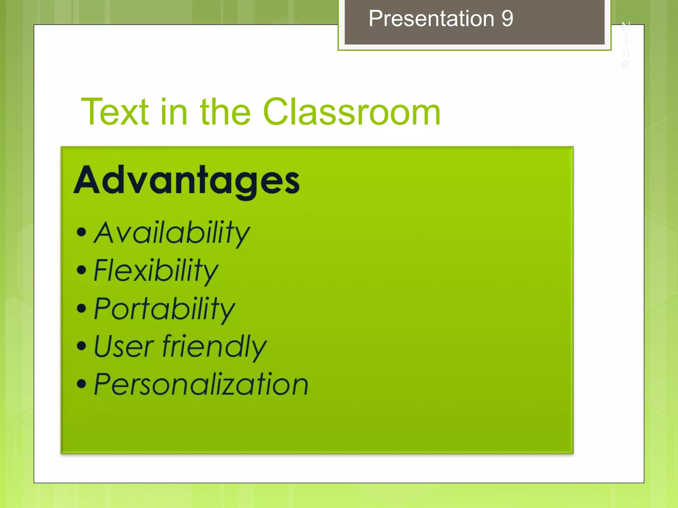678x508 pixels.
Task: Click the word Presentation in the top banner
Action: click(x=431, y=19)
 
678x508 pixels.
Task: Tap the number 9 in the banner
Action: click(x=507, y=19)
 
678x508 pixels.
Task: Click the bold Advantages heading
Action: click(x=187, y=181)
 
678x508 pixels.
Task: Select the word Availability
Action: click(x=172, y=233)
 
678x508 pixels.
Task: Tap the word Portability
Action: click(x=164, y=309)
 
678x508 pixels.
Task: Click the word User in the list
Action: click(x=124, y=347)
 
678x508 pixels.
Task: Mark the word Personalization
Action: click(x=201, y=384)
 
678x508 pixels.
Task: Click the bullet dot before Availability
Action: click(x=81, y=232)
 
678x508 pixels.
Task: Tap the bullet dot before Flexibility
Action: click(x=81, y=270)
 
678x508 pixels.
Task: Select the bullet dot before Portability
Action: click(x=81, y=308)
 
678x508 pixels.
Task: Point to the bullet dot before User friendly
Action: click(x=81, y=346)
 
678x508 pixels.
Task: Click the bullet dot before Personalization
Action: click(x=81, y=384)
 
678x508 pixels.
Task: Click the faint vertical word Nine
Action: click(x=626, y=45)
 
